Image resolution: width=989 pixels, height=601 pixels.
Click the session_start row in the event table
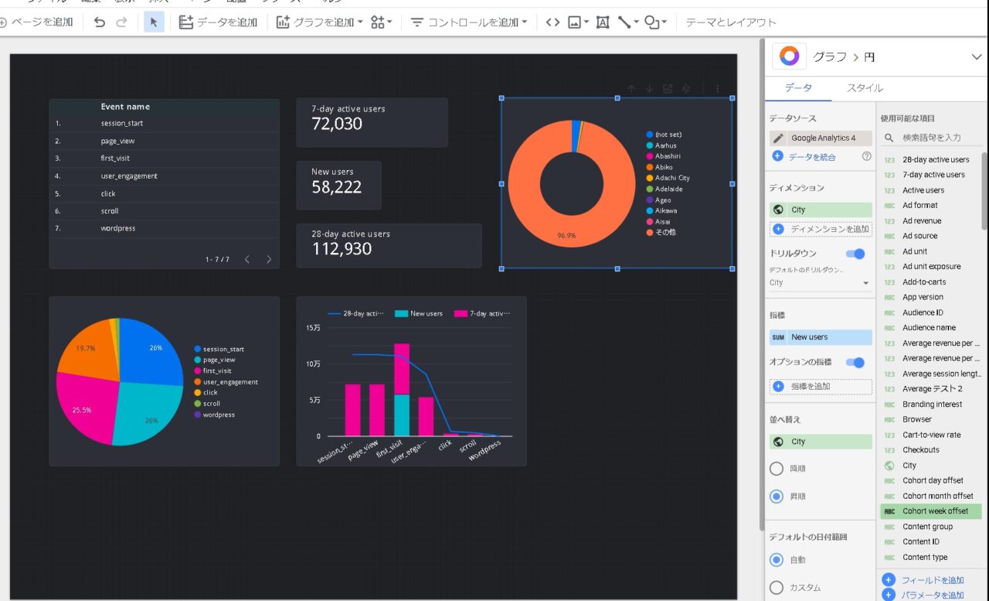pos(121,123)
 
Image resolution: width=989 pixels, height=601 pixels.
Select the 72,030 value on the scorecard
pos(337,124)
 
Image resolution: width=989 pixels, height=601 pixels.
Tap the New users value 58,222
pos(336,186)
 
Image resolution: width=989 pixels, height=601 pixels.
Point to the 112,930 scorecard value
pos(342,249)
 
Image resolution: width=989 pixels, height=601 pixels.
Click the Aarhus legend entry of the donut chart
pos(665,145)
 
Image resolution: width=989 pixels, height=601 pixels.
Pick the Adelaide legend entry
pos(668,189)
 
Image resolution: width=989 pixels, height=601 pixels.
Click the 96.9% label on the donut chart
pos(566,235)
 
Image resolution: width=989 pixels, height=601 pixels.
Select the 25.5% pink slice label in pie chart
pos(82,410)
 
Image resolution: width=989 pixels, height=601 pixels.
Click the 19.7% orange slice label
pos(86,349)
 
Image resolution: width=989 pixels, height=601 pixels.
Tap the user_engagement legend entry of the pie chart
pos(230,382)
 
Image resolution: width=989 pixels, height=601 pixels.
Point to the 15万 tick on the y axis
pos(313,328)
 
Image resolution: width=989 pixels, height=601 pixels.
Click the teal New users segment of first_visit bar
pos(402,415)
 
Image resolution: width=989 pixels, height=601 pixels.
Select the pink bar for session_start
pos(352,410)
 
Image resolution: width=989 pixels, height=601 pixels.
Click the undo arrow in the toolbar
pos(99,22)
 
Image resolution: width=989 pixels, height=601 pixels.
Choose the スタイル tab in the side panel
pos(865,88)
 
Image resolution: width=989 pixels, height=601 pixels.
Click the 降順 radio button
pos(777,469)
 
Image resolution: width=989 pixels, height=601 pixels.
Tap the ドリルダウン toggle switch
pos(855,254)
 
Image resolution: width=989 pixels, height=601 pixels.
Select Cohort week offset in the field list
pos(935,511)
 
